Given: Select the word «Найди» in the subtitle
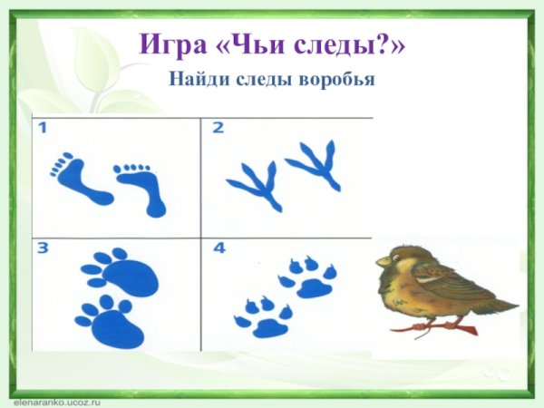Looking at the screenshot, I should [x=193, y=79].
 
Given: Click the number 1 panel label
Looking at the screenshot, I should [x=43, y=128].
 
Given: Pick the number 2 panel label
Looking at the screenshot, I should [x=218, y=128].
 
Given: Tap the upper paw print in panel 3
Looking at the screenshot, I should [x=121, y=272].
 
